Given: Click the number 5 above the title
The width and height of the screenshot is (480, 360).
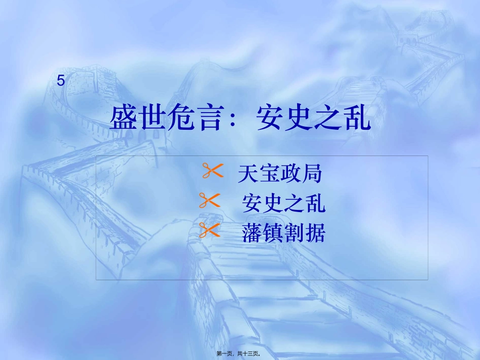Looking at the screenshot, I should coord(61,80).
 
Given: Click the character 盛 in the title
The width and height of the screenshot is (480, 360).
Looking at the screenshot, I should coord(123,119).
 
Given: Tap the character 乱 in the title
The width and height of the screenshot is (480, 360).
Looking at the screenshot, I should coord(358,119).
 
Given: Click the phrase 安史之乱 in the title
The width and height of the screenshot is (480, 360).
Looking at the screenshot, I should coord(314,119).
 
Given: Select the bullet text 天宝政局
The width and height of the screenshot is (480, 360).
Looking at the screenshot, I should coord(280,175).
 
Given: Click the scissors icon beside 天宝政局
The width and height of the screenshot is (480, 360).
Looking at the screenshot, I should coord(212,171).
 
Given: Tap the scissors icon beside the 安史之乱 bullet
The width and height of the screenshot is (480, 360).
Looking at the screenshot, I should coord(210,201).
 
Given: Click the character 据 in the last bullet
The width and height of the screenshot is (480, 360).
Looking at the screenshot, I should coord(315,233).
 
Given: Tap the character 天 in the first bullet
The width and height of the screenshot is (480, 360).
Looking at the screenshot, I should coord(248,175).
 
